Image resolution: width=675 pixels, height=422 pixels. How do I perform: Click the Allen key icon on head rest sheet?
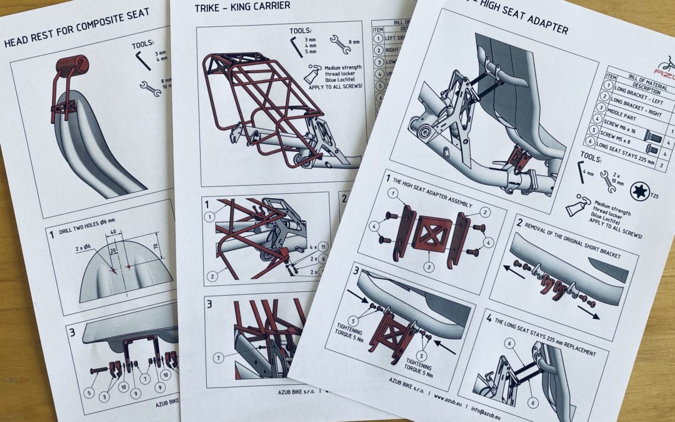(143, 60)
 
